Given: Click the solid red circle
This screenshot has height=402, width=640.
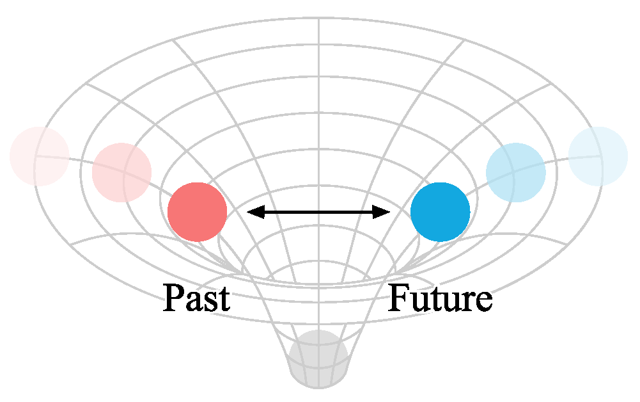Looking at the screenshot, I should pos(197,212).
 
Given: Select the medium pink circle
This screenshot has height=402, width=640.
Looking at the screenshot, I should pos(121,172).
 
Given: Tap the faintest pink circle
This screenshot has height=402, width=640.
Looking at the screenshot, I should pos(39,156).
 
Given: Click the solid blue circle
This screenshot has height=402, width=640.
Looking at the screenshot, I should pos(440,212).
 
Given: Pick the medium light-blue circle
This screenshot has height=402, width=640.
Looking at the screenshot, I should pos(515,172).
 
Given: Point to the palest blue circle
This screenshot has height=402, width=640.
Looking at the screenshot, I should pos(598,156).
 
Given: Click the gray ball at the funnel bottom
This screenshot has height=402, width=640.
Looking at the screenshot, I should pos(318,358).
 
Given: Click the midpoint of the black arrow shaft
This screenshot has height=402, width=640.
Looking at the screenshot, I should pos(318,212).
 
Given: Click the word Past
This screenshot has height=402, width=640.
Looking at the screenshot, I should pos(196,298).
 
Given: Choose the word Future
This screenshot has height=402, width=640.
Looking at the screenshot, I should pos(440,298).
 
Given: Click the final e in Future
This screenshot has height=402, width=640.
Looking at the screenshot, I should pos(483,301).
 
